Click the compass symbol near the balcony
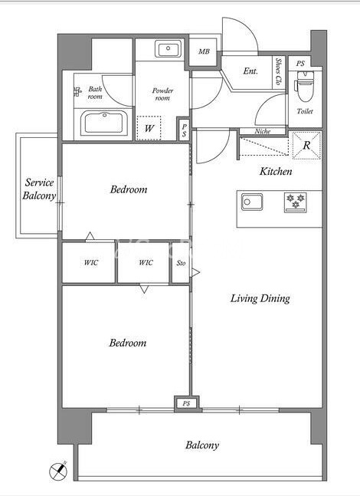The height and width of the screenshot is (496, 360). [58, 471]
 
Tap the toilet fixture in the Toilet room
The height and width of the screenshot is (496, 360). [305, 85]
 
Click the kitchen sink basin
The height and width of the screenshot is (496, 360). [252, 202]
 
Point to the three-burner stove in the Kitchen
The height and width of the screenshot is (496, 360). [296, 202]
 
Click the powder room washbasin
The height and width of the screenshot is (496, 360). [168, 49]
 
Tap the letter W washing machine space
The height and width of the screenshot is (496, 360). [149, 128]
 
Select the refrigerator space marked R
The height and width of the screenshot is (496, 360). [306, 145]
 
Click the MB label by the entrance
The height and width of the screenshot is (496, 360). [204, 51]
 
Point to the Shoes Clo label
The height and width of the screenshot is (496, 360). [279, 71]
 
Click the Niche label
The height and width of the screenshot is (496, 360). [263, 130]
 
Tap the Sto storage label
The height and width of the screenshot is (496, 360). [181, 263]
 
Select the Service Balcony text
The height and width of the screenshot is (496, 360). [39, 189]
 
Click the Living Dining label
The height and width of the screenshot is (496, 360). [260, 299]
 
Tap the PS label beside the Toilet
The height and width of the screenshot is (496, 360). [300, 64]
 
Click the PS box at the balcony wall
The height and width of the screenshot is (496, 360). [186, 404]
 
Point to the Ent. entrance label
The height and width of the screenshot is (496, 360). [250, 71]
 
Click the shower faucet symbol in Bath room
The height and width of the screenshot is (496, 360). [77, 92]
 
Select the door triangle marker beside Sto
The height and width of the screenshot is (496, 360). [196, 272]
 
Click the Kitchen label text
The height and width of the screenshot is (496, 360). [276, 172]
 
